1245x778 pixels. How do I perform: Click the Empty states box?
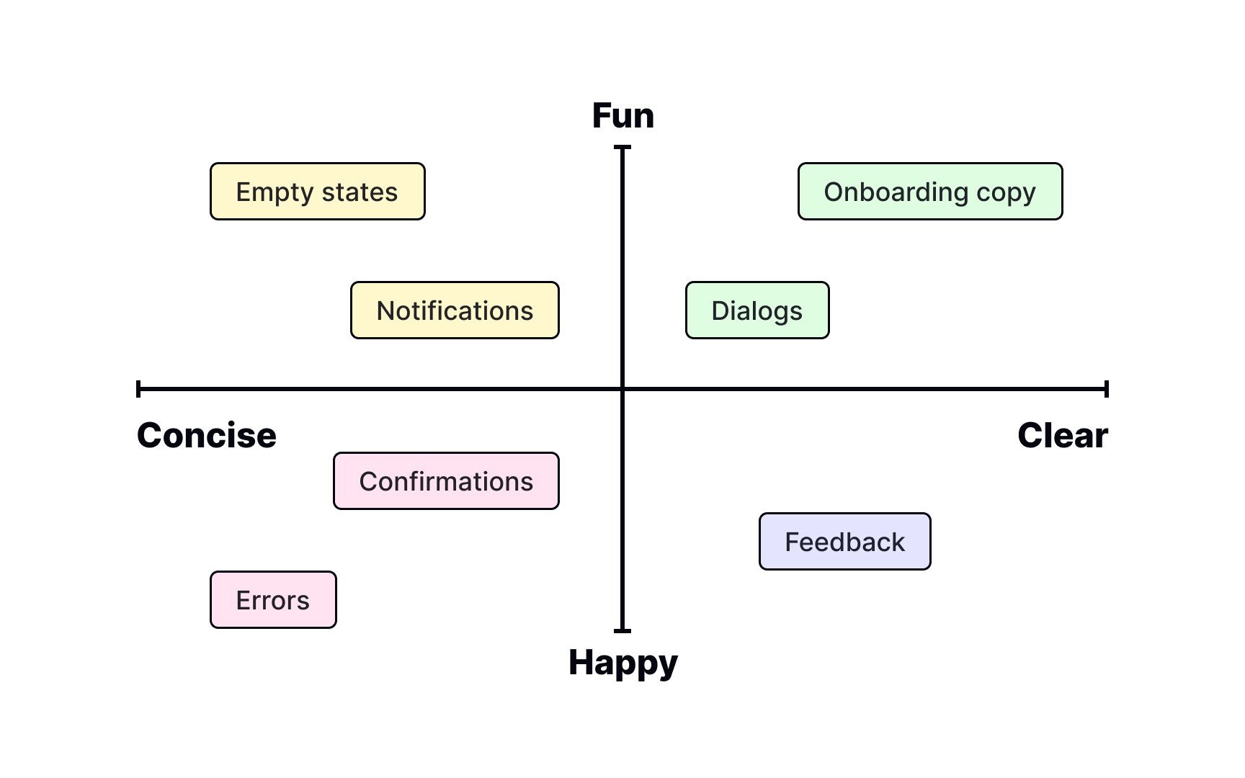318,192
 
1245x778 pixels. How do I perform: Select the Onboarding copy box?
930,192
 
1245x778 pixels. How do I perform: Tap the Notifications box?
455,310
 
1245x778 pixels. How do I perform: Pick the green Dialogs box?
757,310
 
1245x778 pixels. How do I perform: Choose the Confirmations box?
446,481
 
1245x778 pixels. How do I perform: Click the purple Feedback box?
845,542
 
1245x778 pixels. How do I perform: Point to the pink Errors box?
273,600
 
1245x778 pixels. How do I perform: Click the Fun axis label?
623,116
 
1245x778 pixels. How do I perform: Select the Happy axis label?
623,663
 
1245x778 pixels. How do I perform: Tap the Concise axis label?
207,436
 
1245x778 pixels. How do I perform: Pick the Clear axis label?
1063,436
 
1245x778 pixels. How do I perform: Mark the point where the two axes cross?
622,389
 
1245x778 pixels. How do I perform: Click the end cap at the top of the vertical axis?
622,147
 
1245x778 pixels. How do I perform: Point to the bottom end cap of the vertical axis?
622,631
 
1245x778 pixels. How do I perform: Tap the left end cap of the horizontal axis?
138,389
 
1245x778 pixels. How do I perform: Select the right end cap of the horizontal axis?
1107,389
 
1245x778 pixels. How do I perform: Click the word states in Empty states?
360,192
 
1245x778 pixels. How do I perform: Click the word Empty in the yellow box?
275,193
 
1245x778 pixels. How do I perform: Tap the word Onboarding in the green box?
896,193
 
